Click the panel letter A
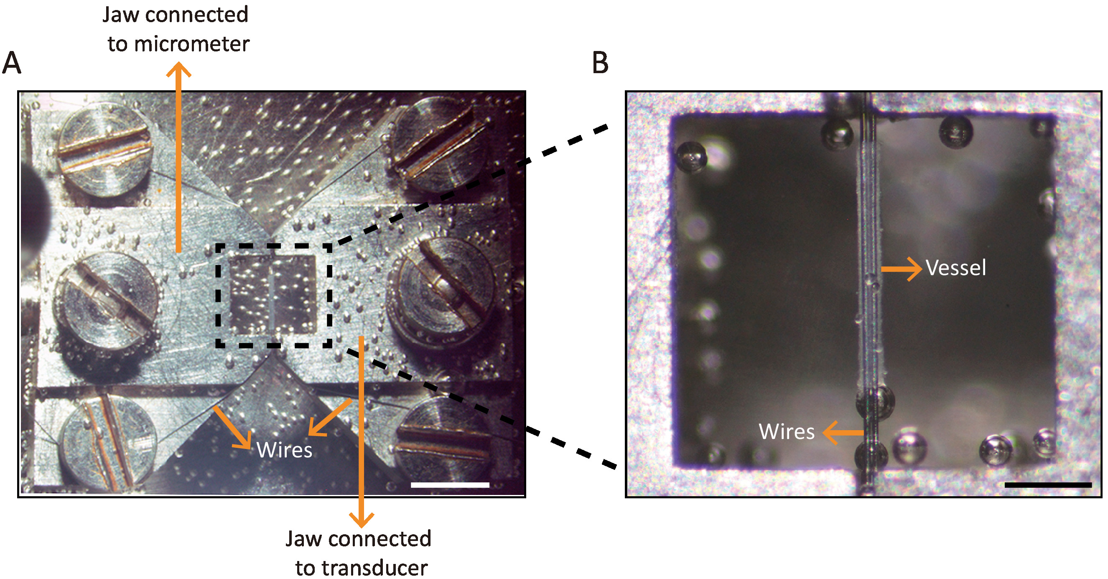[x=12, y=63]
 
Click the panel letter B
[x=601, y=63]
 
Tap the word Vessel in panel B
[x=955, y=268]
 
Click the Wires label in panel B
[x=786, y=431]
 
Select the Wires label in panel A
[x=284, y=450]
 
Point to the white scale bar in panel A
[x=450, y=485]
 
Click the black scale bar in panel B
[x=1048, y=485]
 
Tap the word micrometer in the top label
[x=191, y=44]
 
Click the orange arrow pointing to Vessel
[x=901, y=269]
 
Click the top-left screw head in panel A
[x=103, y=146]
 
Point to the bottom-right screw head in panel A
[x=443, y=441]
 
